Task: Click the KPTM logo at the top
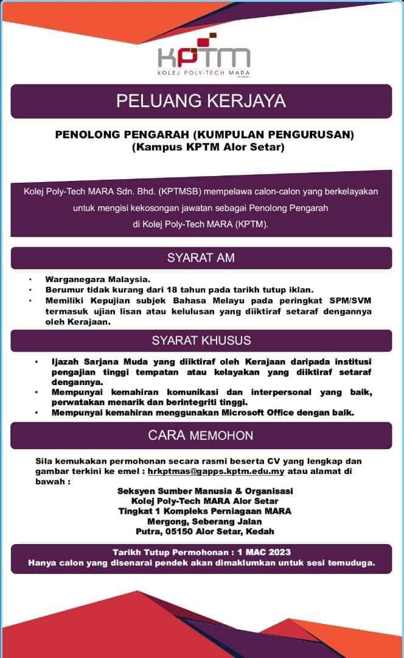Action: pos(203,57)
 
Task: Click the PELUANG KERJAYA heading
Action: pos(201,101)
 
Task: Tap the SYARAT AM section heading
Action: pos(201,258)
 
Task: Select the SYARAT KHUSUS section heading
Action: pos(201,340)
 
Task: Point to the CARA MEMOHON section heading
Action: pos(201,435)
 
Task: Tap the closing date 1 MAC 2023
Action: pos(259,552)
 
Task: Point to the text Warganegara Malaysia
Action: pos(97,279)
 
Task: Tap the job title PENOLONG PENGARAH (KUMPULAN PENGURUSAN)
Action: pos(204,134)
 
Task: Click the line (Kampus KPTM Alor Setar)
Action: pos(204,147)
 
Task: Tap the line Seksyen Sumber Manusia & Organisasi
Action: pos(205,491)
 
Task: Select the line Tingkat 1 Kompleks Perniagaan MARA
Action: pos(205,511)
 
